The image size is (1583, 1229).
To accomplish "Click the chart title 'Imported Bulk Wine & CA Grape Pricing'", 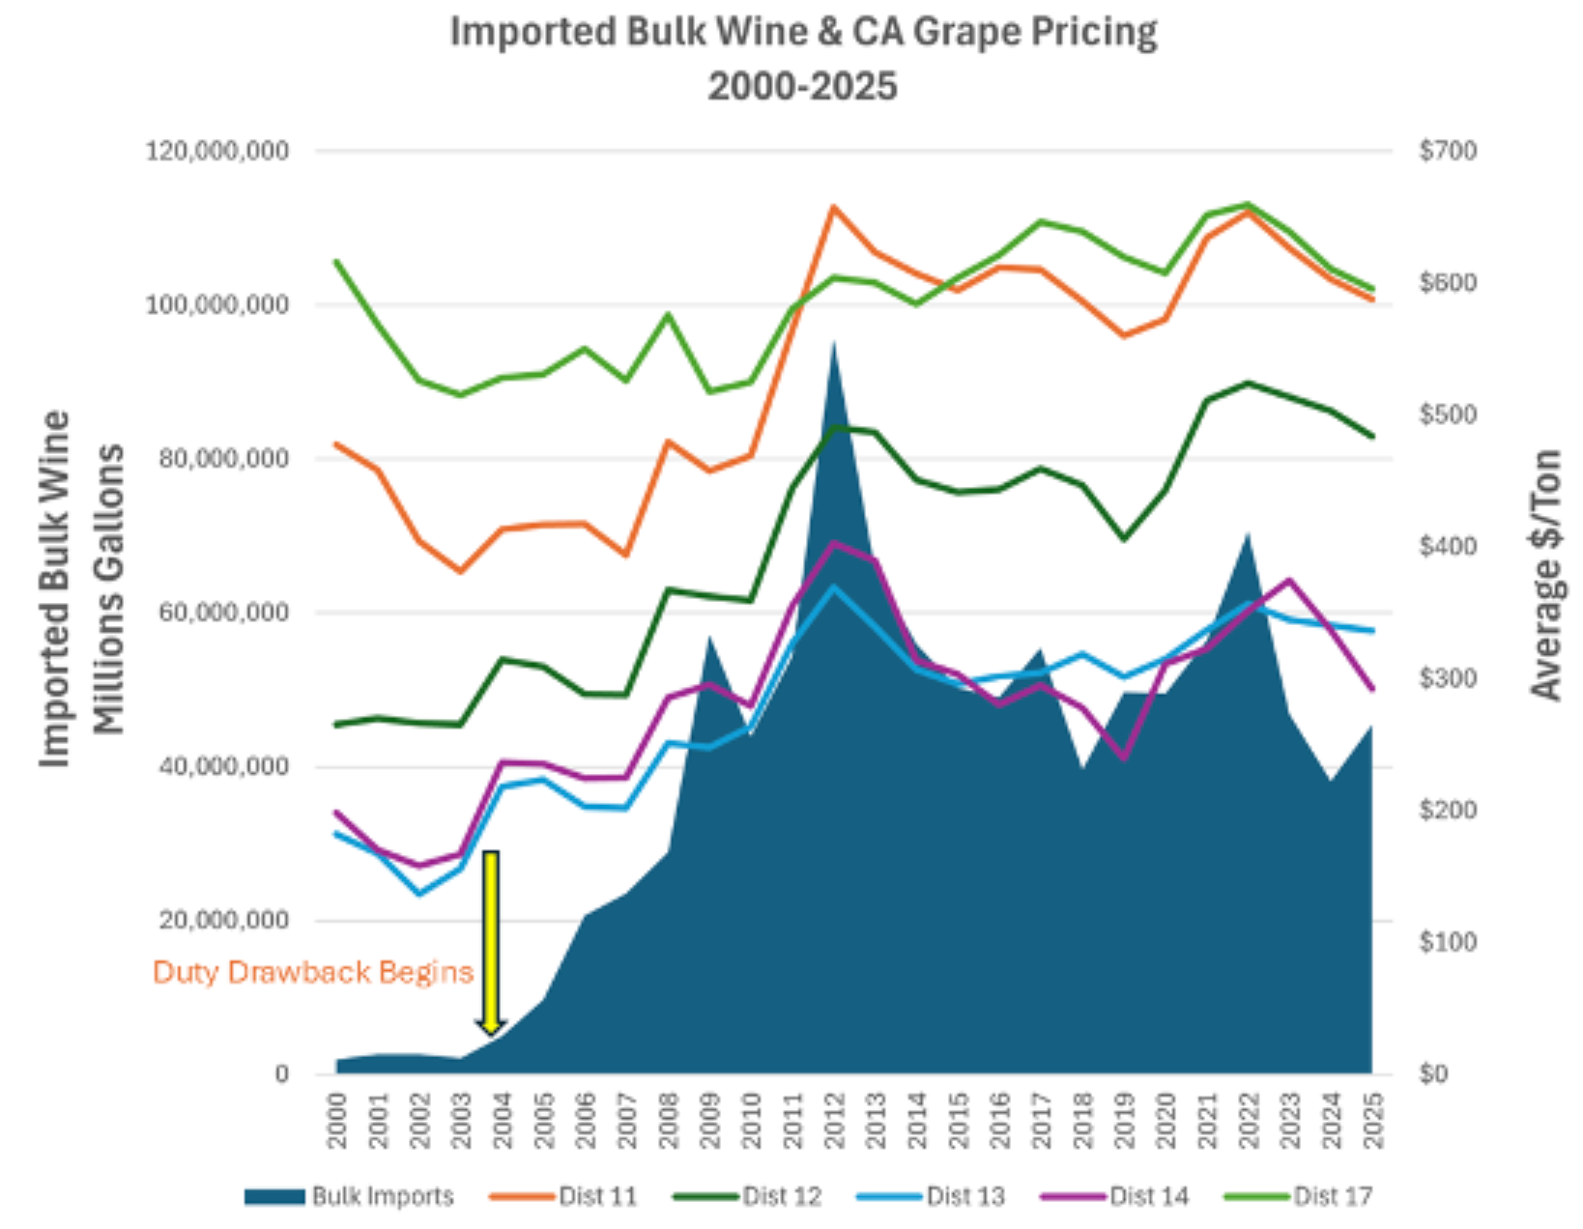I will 803,33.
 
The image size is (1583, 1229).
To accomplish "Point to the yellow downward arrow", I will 491,942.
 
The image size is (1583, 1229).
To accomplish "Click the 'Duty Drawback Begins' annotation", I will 313,972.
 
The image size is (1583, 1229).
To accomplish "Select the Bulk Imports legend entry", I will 349,1196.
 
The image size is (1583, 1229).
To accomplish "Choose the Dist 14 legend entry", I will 1115,1196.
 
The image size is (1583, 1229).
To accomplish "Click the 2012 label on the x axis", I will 834,1120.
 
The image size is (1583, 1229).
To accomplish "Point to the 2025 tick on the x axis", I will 1373,1120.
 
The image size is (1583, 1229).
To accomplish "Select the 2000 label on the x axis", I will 336,1120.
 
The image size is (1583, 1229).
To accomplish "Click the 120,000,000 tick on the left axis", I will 216,152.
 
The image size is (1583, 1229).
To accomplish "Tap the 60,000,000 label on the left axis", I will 222,613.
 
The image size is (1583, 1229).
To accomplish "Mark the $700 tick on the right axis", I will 1447,152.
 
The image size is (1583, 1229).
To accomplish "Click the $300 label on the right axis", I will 1447,678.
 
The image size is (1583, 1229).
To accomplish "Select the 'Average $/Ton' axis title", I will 1545,575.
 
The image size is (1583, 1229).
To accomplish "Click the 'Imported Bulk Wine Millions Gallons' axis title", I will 81,589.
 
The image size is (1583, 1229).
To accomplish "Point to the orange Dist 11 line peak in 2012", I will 833,207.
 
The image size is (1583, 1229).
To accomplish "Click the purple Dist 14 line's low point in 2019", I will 1123,758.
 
